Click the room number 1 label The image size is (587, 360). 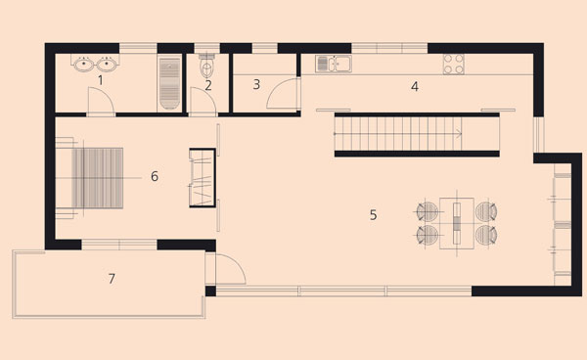click(100, 80)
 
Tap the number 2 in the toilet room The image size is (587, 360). click(208, 86)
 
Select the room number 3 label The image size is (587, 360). click(256, 84)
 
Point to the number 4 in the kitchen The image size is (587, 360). click(415, 86)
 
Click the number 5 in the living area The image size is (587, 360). click(374, 215)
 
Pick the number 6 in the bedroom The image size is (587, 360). click(155, 176)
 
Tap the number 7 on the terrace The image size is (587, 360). click(112, 279)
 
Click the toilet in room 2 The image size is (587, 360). click(206, 66)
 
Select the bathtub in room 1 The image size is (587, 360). click(169, 83)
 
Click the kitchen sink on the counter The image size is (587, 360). click(334, 64)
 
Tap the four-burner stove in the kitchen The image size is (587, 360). click(454, 64)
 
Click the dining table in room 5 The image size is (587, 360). click(457, 223)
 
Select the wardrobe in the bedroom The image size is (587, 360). click(203, 178)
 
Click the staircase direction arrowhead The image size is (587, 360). click(460, 133)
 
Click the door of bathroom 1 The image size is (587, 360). click(101, 102)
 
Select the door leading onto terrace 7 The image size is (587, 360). click(225, 269)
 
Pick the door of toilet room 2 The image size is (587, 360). click(203, 102)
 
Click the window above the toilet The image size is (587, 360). click(206, 48)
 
